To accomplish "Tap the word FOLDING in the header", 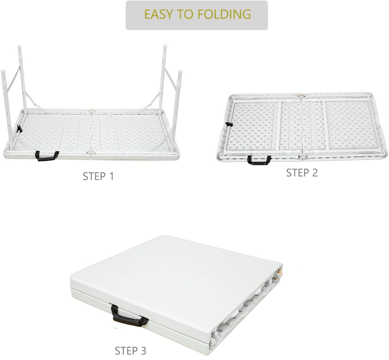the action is point(224,14).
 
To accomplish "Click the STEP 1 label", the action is point(98,176).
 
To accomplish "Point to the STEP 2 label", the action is point(302,173).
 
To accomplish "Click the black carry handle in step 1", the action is point(47,156).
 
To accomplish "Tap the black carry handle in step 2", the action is point(259,160).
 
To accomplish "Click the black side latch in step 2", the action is point(229,124).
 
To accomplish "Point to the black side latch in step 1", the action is point(19,129).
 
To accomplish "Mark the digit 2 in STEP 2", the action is point(315,173).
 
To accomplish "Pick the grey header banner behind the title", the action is point(197,15).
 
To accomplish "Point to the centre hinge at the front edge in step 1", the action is point(91,153).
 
